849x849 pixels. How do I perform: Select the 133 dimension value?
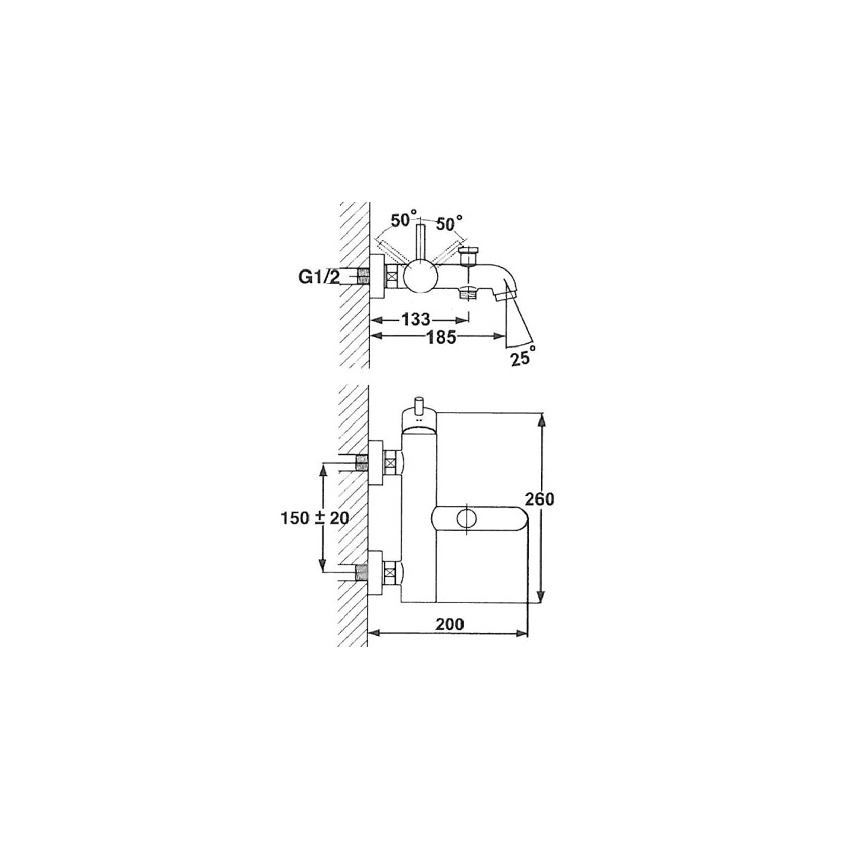click(x=415, y=320)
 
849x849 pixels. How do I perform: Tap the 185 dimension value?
click(x=441, y=337)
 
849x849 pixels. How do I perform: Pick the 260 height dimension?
click(x=539, y=499)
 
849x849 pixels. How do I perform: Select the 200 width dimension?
click(x=449, y=624)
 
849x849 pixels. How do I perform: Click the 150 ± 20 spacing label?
click(x=315, y=518)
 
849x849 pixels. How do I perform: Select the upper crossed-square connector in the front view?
click(x=390, y=463)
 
